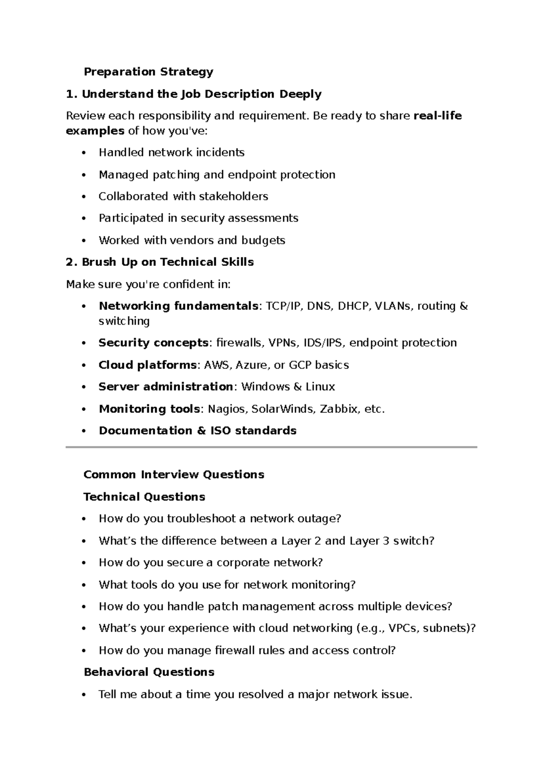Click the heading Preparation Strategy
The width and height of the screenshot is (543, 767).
[148, 71]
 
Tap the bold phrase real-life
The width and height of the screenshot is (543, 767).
[438, 116]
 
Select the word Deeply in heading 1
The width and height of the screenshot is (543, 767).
[300, 94]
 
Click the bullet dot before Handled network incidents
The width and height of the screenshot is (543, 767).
[83, 153]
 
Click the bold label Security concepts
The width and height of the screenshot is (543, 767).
[153, 343]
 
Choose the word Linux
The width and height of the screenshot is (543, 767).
[320, 387]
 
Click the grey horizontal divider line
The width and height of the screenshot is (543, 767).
[271, 447]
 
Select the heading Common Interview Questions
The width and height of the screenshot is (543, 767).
[174, 474]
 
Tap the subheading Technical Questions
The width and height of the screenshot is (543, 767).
[144, 497]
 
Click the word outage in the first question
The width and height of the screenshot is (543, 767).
[316, 518]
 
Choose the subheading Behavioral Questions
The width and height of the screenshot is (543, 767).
[149, 672]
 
